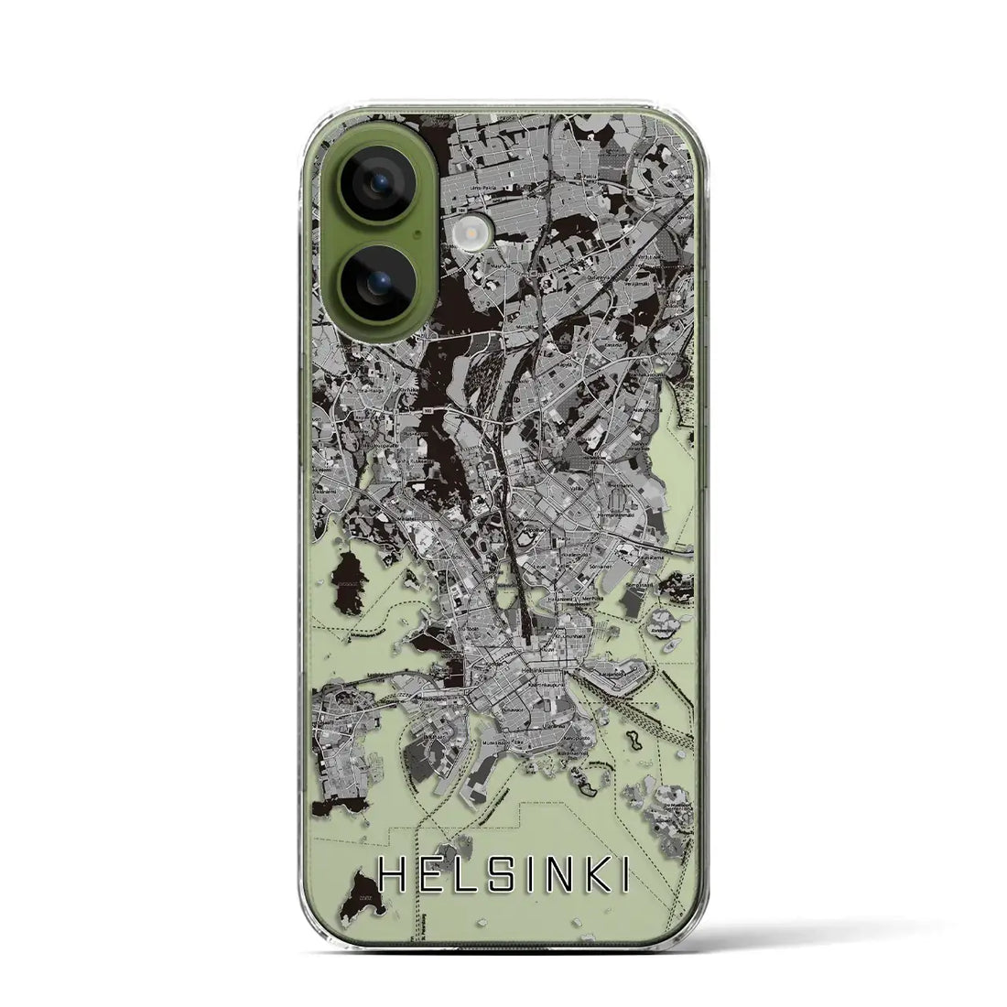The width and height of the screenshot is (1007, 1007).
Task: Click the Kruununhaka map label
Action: (574, 632)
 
